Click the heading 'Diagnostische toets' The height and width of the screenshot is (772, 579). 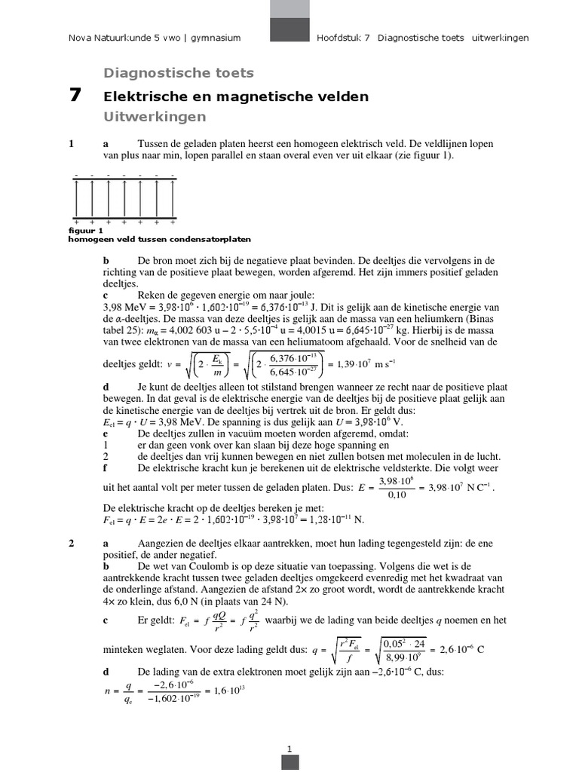178,73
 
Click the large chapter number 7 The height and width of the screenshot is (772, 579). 74,96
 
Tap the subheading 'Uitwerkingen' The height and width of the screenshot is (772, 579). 154,118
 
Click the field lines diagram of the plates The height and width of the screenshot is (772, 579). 124,200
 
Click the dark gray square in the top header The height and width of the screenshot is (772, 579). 289,30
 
